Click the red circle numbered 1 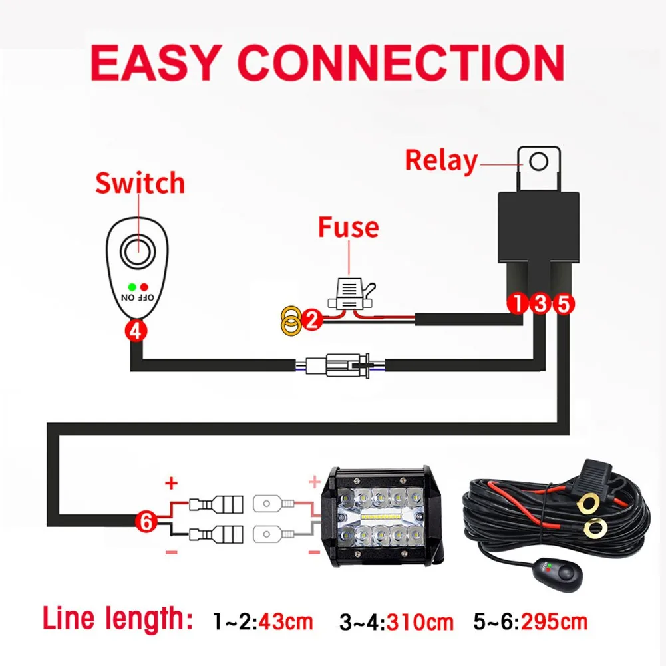pyautogui.click(x=517, y=305)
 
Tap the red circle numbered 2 pyautogui.click(x=311, y=321)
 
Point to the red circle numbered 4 pyautogui.click(x=136, y=331)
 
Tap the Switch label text pyautogui.click(x=140, y=183)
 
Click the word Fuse pyautogui.click(x=348, y=227)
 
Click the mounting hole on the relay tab pyautogui.click(x=540, y=161)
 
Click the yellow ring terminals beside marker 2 pyautogui.click(x=290, y=320)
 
